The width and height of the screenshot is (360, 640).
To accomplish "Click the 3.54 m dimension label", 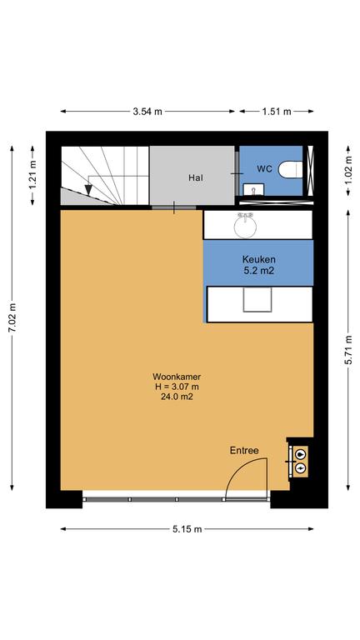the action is pos(147,111).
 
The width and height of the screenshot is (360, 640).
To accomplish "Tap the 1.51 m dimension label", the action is pos(277,111).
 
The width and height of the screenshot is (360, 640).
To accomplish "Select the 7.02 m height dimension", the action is pos(12,318).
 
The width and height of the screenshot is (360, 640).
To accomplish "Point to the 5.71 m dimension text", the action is pos(348,349).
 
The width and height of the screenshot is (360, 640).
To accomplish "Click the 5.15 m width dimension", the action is pos(187,529).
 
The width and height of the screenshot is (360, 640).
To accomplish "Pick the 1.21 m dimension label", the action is pos(32,175).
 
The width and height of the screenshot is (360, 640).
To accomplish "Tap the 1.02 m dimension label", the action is pos(348,170).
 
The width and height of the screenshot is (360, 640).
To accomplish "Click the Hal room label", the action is pos(196,178).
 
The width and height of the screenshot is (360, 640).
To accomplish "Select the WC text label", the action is pos(264,168).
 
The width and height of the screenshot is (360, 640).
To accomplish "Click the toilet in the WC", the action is pos(291,169).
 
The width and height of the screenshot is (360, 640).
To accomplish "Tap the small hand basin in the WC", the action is pos(253,189).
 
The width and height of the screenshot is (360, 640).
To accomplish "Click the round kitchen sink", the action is pos(245,226).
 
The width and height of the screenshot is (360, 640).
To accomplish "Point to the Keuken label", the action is pos(259,259).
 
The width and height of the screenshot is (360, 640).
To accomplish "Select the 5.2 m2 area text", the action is pos(259,270).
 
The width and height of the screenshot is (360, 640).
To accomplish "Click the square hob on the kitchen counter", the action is pos(257,300).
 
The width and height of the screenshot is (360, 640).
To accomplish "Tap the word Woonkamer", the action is pos(177,377).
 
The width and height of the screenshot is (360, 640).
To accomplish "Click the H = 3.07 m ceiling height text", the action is pos(177,387).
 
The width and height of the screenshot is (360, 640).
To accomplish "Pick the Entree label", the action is pos(244,451).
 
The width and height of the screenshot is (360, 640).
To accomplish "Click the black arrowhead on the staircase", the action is pos(88,190).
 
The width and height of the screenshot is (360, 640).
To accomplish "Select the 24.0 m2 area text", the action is pos(177,397).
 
